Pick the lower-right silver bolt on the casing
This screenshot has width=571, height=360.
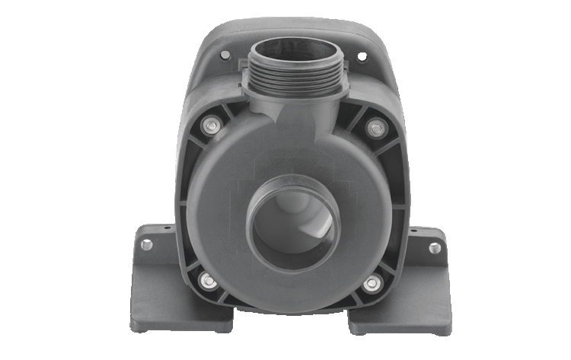[371, 283]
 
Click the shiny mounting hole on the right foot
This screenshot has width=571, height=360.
[436, 246]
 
